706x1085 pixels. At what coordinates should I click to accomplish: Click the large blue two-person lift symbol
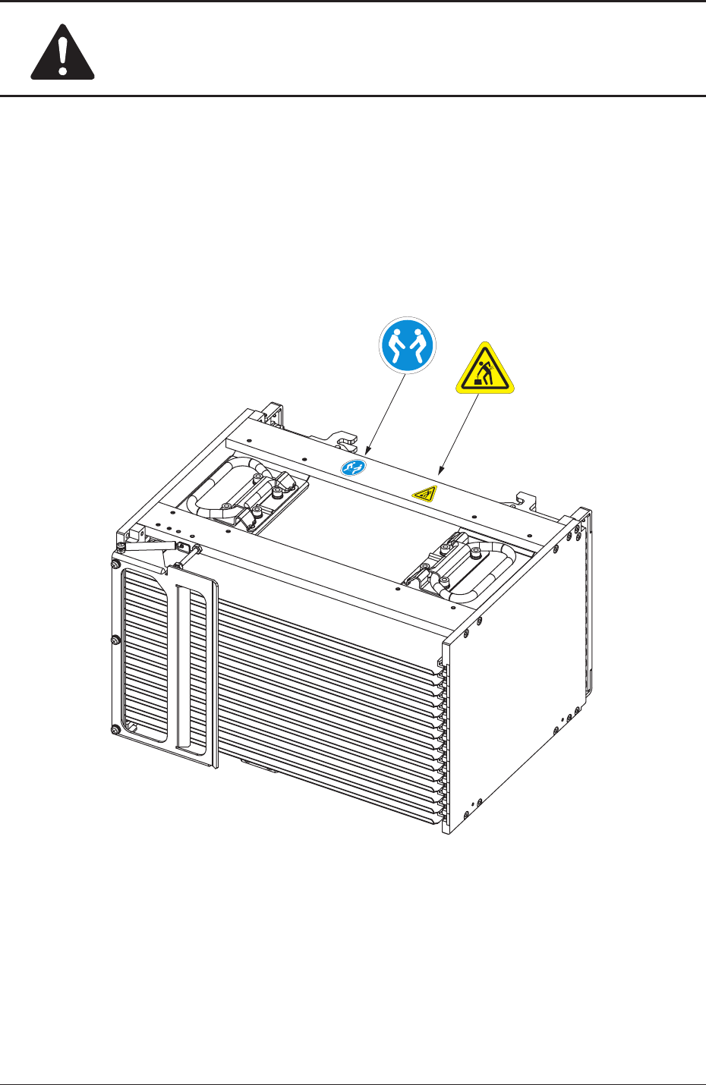pos(407,346)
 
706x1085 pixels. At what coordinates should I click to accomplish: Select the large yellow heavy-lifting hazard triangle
pos(485,370)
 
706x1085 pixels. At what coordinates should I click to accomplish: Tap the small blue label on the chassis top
pos(351,467)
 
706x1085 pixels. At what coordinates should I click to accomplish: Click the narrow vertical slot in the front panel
pos(179,668)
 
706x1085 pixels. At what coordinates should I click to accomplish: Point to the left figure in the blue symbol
pos(396,346)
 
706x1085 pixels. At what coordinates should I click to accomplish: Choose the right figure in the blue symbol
pos(418,346)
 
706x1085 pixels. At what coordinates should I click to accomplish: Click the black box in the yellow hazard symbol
pos(479,382)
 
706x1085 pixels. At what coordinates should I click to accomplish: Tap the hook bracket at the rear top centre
pos(342,439)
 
